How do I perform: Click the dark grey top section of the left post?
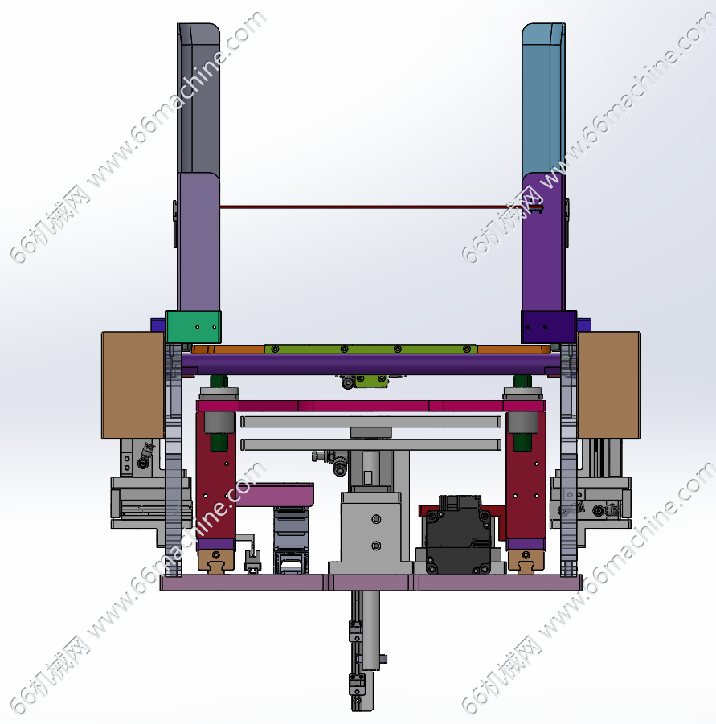198,98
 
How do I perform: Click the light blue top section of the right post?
543,98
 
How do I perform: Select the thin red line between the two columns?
370,207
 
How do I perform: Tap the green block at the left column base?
193,327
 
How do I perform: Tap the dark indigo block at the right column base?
549,327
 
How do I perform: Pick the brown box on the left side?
133,385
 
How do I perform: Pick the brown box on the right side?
609,385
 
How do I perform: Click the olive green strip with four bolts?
370,349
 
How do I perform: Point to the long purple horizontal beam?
371,364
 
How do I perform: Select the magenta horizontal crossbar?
371,406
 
